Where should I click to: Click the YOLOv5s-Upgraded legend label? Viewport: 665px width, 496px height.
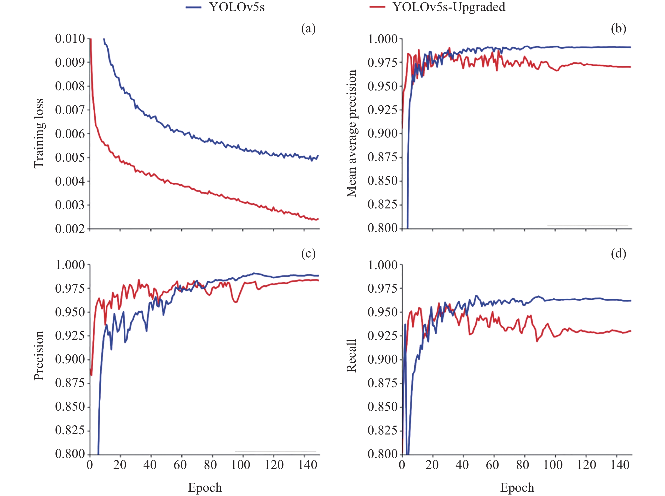pos(449,7)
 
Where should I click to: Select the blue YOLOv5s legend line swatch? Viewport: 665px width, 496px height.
pos(193,7)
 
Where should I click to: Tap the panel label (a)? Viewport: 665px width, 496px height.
pos(308,28)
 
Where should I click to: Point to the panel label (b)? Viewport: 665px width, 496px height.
pos(618,28)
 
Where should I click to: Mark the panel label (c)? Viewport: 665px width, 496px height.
pos(308,254)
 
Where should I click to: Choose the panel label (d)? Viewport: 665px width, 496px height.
pos(618,254)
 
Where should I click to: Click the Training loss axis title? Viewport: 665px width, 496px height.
pos(39,133)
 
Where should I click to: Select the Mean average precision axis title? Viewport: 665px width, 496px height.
pos(351,133)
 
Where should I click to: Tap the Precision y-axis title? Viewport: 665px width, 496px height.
pos(39,356)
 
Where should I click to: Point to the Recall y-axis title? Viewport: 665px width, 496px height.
pos(351,356)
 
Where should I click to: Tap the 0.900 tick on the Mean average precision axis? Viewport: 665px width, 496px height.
pos(382,133)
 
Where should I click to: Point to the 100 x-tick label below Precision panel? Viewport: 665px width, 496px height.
pos(241,465)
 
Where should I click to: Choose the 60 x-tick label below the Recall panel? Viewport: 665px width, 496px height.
pos(492,465)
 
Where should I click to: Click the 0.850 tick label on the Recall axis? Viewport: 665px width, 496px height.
pos(382,406)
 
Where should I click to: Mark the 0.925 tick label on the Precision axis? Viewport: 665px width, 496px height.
pos(70,335)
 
